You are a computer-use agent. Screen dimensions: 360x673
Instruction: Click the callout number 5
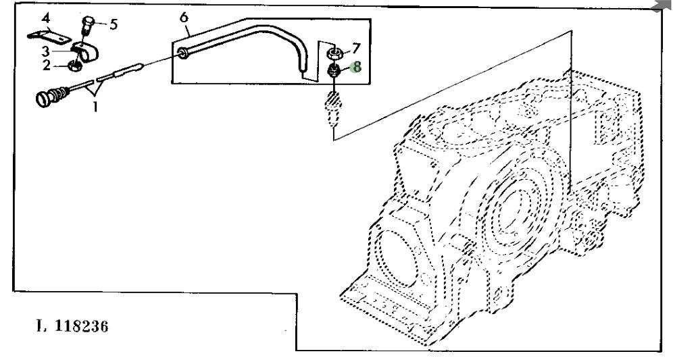coord(114,24)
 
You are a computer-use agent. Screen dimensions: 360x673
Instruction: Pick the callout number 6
coord(183,17)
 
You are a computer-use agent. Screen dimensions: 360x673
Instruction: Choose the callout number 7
coord(356,49)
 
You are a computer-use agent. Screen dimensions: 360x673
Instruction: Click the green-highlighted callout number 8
coord(357,67)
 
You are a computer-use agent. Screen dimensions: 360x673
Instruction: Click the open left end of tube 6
coord(183,52)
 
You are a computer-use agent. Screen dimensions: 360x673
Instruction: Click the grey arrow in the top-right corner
coord(664,5)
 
